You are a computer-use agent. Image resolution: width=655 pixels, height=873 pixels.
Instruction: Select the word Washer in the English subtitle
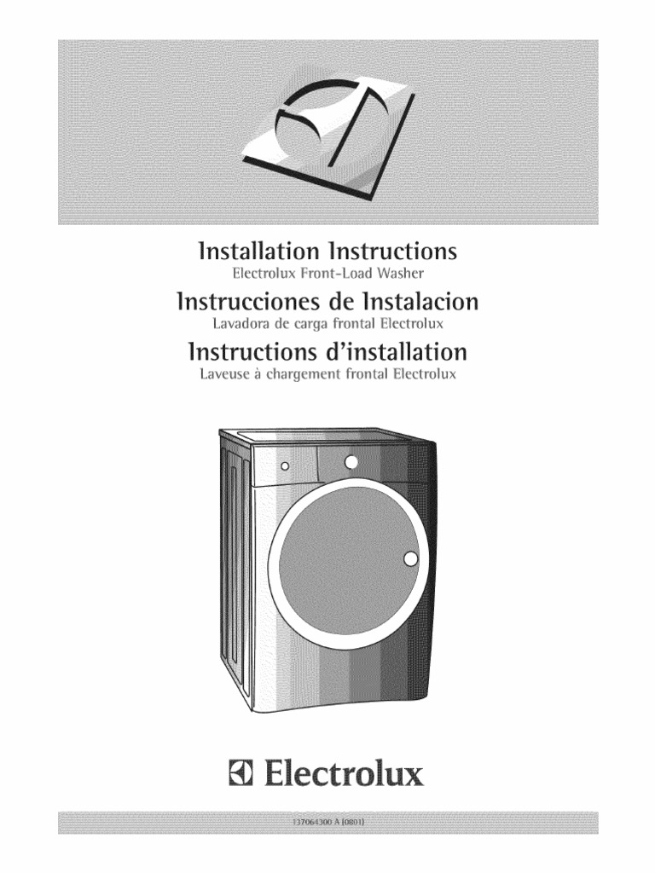(x=401, y=275)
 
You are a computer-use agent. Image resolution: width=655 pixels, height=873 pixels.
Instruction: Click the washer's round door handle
(x=411, y=559)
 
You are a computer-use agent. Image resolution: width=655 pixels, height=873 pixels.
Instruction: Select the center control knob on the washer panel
(x=351, y=462)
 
